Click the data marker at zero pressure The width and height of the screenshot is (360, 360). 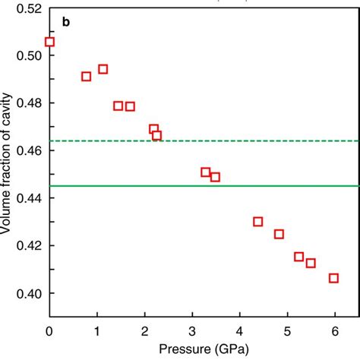(x=50, y=42)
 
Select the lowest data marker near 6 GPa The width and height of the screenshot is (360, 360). (x=333, y=278)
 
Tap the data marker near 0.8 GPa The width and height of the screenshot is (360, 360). (x=87, y=76)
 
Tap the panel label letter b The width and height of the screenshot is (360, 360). (x=67, y=23)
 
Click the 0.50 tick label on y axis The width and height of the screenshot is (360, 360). (x=26, y=55)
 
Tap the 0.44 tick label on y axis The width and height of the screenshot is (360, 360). (x=26, y=198)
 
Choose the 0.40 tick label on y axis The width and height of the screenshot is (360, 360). (x=26, y=293)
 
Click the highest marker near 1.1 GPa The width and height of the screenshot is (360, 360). (x=103, y=69)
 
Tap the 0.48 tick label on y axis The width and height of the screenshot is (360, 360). (x=26, y=103)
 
